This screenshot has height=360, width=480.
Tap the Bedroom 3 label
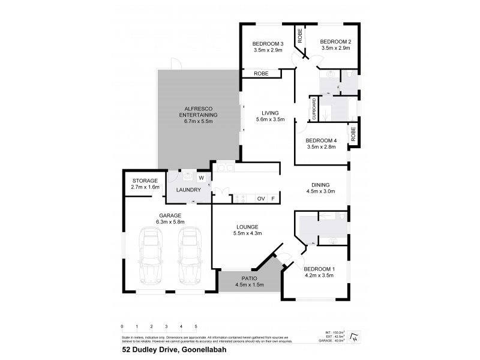pyautogui.click(x=268, y=44)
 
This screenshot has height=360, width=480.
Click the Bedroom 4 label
pyautogui.click(x=322, y=140)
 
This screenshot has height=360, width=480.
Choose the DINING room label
pyautogui.click(x=322, y=185)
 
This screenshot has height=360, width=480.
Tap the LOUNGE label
pyautogui.click(x=247, y=227)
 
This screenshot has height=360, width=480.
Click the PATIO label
pyautogui.click(x=249, y=279)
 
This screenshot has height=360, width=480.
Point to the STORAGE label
pyautogui.click(x=145, y=181)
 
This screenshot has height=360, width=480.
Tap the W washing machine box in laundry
pyautogui.click(x=201, y=178)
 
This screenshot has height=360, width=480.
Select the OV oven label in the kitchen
pyautogui.click(x=261, y=199)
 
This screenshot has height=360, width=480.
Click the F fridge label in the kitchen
pyautogui.click(x=273, y=199)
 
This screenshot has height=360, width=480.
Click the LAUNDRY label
pyautogui.click(x=188, y=190)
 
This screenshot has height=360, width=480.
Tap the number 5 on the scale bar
pyautogui.click(x=196, y=326)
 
